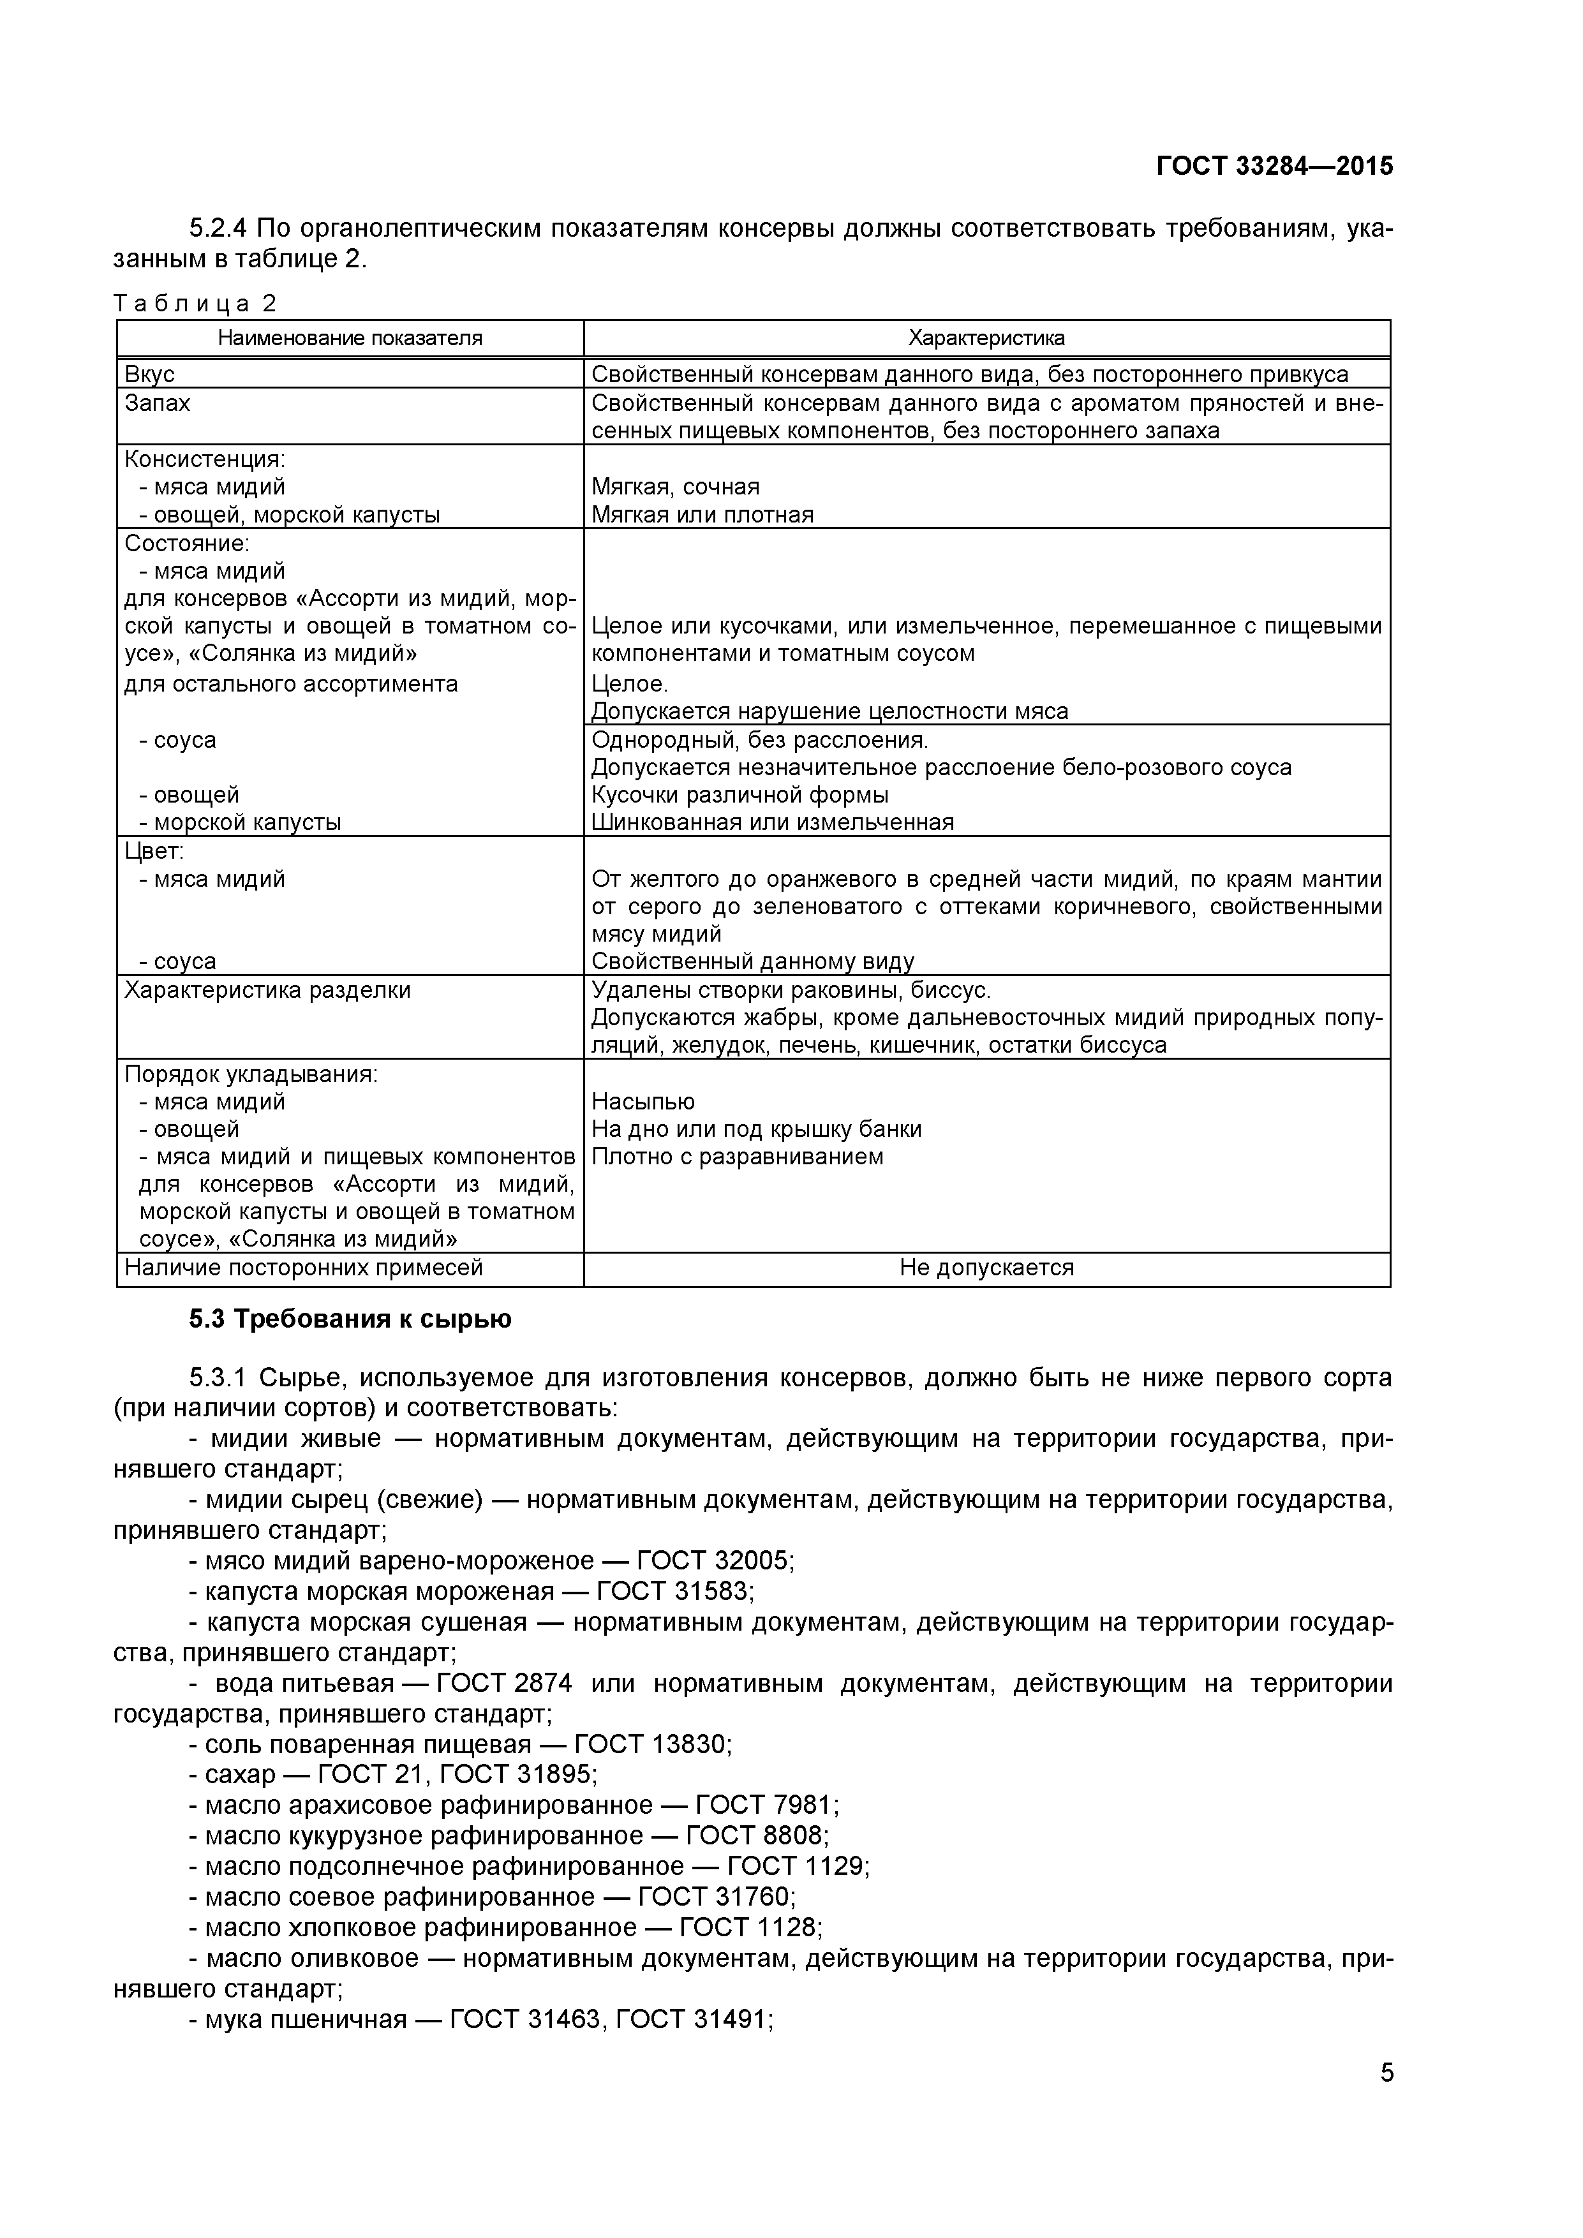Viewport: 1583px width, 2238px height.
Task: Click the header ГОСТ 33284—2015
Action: click(x=1274, y=167)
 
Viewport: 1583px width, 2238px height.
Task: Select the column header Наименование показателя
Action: click(x=350, y=338)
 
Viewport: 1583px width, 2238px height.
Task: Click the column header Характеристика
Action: click(x=986, y=338)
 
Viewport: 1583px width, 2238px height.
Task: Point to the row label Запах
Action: click(x=157, y=403)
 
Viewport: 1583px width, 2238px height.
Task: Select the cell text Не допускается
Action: click(x=986, y=1268)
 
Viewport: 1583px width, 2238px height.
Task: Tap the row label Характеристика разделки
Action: click(x=267, y=990)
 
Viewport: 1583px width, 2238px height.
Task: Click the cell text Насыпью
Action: click(x=643, y=1102)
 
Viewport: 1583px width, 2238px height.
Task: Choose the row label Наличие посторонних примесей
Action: click(x=303, y=1268)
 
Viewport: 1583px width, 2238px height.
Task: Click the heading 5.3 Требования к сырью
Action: click(x=349, y=1320)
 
